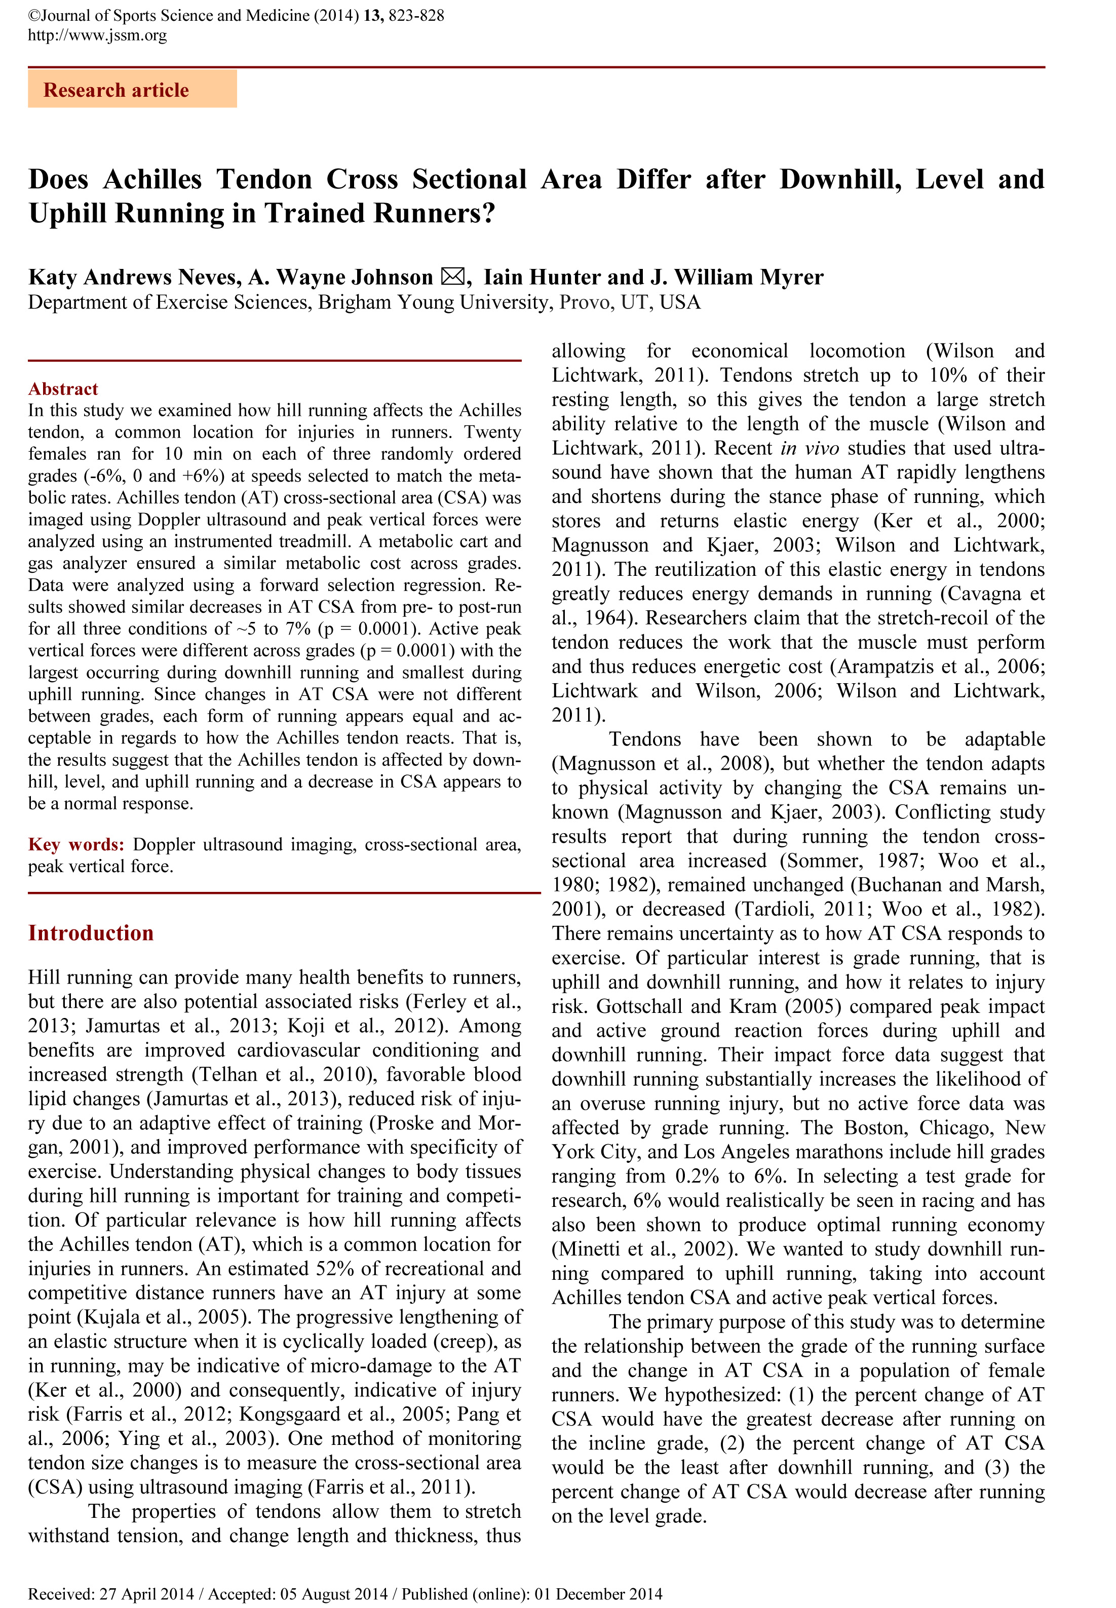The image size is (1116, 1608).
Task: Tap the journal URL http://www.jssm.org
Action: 97,35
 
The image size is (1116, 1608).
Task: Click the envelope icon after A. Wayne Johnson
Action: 452,277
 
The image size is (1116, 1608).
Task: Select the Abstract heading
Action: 63,389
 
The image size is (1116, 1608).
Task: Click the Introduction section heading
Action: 91,933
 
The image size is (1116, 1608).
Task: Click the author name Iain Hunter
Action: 543,277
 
